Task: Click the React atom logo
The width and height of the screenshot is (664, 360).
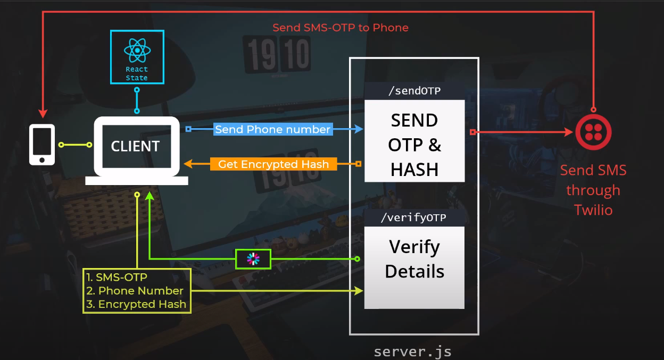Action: tap(137, 50)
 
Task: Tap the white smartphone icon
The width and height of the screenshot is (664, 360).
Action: tap(42, 145)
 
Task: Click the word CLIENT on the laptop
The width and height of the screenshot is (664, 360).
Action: tap(135, 147)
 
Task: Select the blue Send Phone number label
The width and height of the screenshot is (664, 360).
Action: tap(273, 129)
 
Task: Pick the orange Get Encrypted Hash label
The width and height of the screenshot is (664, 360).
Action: tap(273, 164)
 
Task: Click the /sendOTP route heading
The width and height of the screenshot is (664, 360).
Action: tap(414, 91)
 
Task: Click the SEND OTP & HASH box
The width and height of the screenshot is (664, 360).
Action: tap(414, 145)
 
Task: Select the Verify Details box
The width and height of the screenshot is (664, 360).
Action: tap(414, 259)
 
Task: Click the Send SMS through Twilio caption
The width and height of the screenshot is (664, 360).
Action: tap(593, 190)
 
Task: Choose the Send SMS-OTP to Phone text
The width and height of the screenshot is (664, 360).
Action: tap(341, 28)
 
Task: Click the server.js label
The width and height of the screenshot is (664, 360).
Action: tap(413, 351)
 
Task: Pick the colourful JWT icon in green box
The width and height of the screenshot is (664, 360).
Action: tap(253, 259)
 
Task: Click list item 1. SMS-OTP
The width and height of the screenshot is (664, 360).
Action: tap(117, 277)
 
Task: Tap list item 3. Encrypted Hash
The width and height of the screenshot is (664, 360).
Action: tap(136, 304)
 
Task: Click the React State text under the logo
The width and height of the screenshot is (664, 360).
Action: tap(137, 73)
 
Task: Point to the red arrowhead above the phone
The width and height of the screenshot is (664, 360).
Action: tap(43, 113)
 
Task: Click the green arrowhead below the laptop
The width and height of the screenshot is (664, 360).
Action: tap(150, 197)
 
